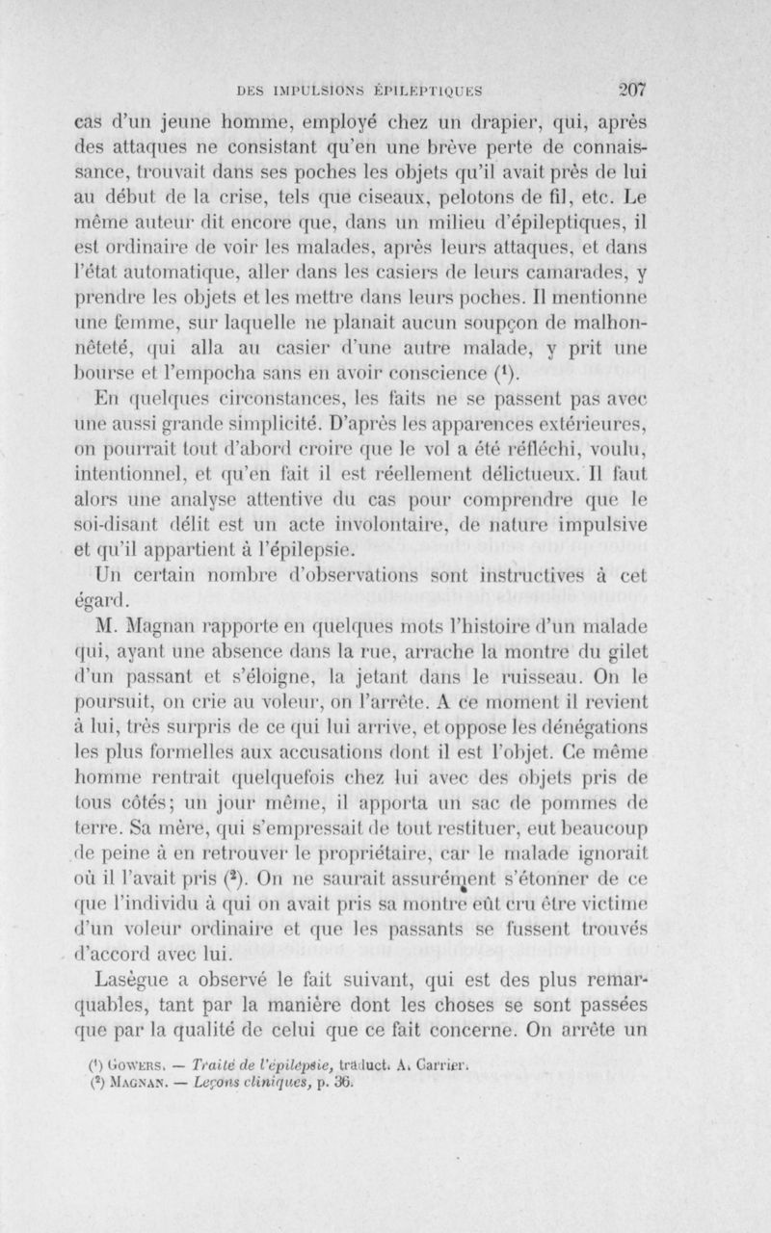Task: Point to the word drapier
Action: [x=526, y=124]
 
